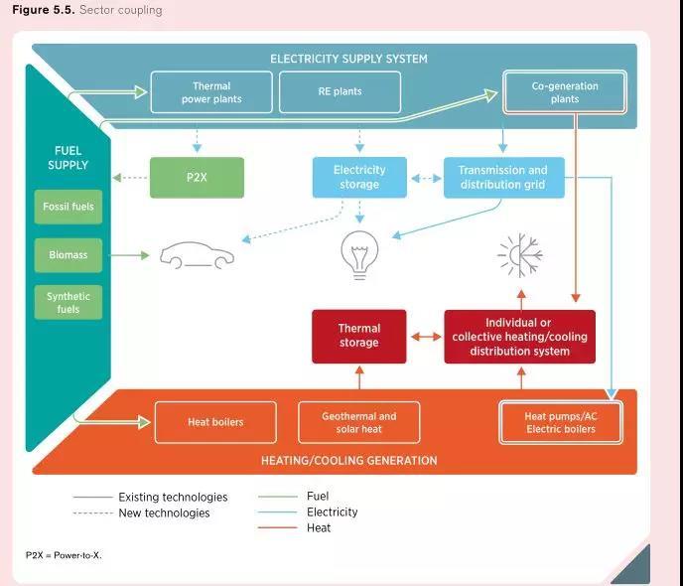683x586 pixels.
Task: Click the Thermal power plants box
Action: (x=210, y=92)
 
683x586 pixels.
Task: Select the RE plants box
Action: (x=340, y=92)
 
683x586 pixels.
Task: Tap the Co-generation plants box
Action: (x=564, y=92)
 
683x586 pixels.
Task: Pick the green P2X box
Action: (x=197, y=178)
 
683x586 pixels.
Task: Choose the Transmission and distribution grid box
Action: (x=502, y=178)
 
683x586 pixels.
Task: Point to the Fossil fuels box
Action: (x=68, y=207)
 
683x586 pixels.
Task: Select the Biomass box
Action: (x=68, y=255)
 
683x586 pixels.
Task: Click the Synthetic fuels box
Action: (x=68, y=303)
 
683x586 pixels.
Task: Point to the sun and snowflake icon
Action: (x=520, y=255)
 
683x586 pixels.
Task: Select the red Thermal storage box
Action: (x=358, y=336)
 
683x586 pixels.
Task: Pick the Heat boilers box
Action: (x=214, y=422)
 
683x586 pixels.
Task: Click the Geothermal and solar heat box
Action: (x=358, y=422)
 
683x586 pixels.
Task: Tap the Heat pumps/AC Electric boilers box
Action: (x=560, y=422)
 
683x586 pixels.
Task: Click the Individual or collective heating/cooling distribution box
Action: (x=519, y=337)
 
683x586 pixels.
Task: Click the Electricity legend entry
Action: (x=332, y=513)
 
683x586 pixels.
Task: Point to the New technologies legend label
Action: (x=164, y=513)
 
